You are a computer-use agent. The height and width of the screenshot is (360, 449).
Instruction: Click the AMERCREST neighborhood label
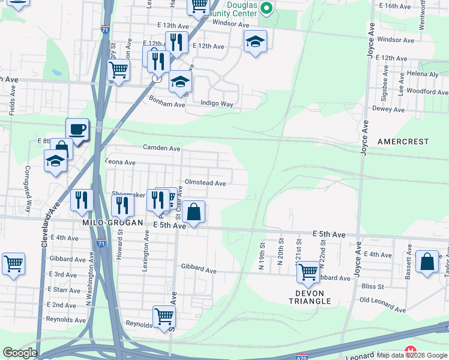[x=403, y=142]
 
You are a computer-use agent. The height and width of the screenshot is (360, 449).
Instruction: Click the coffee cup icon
[x=77, y=129]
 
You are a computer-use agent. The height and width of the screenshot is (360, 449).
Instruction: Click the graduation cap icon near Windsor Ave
[x=255, y=41]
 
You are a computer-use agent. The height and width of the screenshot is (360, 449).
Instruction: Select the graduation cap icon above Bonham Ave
[x=179, y=82]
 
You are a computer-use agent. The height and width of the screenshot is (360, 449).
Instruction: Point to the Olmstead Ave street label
[x=205, y=183]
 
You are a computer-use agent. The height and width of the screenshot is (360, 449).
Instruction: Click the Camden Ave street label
[x=161, y=148]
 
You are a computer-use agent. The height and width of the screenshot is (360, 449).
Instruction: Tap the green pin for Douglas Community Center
[x=268, y=8]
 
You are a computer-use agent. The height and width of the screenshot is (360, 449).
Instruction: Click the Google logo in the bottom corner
[x=20, y=352]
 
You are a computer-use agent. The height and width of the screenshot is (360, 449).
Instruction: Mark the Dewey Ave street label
[x=388, y=109]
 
